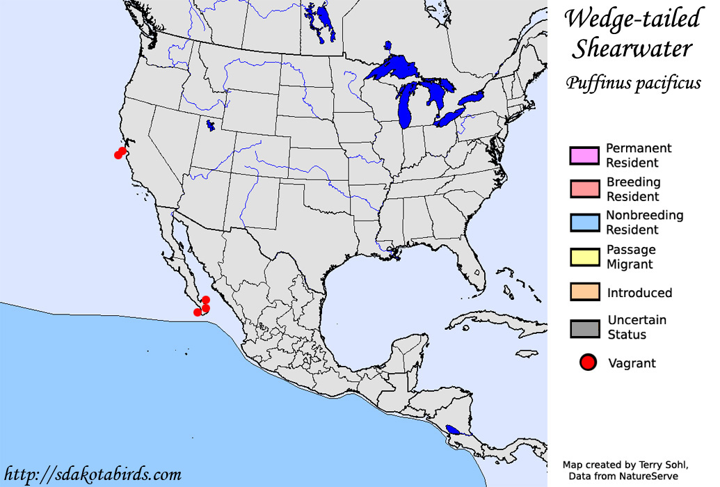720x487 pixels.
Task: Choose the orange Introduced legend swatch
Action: click(584, 292)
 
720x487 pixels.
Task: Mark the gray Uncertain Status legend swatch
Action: click(584, 327)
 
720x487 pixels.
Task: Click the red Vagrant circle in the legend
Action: click(589, 362)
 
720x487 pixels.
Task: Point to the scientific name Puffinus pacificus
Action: click(632, 83)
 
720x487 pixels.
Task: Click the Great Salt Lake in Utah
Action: click(211, 126)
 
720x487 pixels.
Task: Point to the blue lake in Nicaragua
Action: click(453, 430)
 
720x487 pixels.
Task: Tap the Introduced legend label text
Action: click(639, 293)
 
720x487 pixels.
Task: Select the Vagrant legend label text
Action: click(632, 363)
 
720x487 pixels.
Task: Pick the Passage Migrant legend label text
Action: click(630, 257)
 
